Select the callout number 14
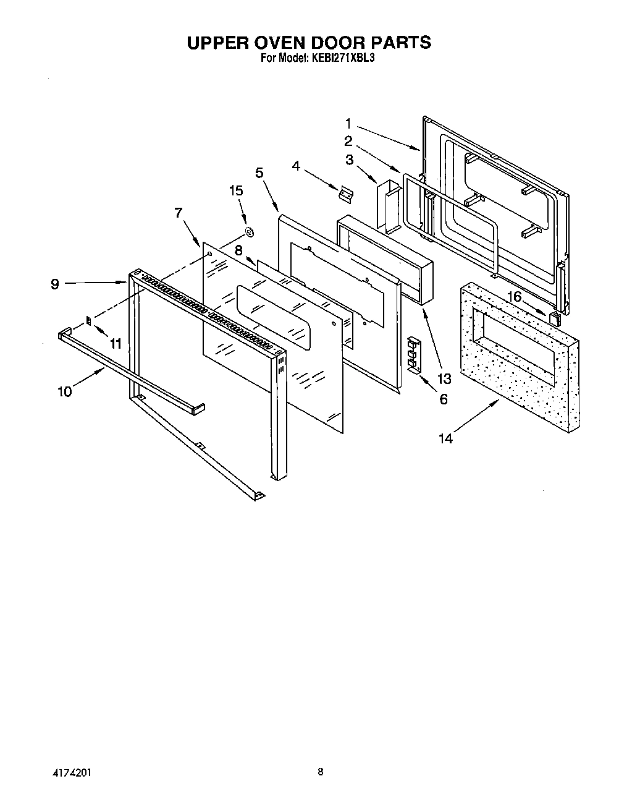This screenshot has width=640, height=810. click(445, 438)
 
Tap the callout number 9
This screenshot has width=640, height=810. click(55, 284)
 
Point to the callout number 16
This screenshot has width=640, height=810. click(514, 297)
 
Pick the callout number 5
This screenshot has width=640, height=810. click(259, 173)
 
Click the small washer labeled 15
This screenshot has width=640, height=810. click(250, 233)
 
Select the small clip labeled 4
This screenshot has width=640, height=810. click(345, 193)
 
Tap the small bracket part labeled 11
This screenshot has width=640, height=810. click(88, 320)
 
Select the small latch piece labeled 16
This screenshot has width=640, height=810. click(555, 318)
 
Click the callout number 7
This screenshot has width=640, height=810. click(178, 213)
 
